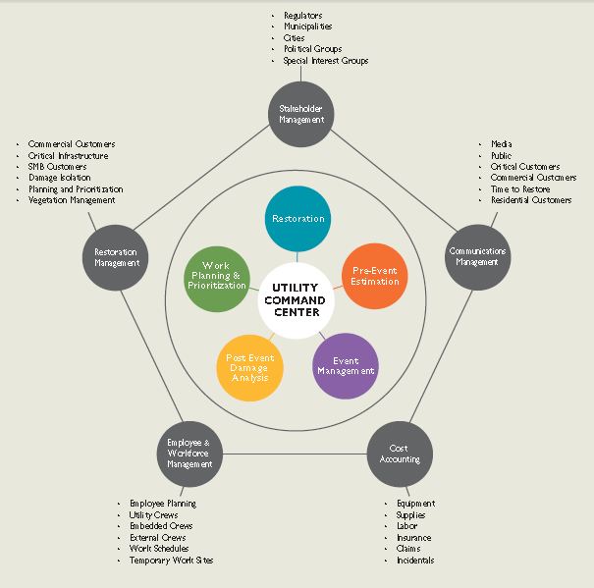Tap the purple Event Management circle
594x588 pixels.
coord(345,365)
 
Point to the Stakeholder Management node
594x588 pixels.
coord(300,115)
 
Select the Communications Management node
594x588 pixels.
coord(478,257)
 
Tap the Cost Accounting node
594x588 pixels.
coord(400,454)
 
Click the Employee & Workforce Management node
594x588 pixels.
coord(190,454)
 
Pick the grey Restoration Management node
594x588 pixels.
coord(117,257)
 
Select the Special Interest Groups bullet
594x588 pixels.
coord(326,61)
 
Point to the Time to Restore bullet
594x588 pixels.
coord(520,189)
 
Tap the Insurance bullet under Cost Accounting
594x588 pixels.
coord(414,537)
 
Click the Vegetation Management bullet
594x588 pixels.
coord(71,200)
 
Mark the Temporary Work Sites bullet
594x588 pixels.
coord(171,560)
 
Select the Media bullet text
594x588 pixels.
coord(501,145)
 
